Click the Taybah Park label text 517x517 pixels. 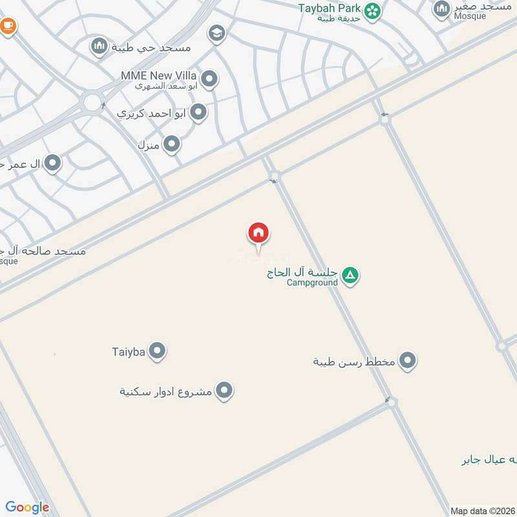tap(330, 8)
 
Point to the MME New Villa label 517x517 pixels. tap(159, 76)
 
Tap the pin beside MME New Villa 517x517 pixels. tap(209, 80)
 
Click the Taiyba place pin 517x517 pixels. tap(157, 352)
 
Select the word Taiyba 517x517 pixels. tap(127, 352)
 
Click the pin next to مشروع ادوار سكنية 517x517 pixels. tap(224, 390)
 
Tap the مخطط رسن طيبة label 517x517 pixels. tap(353, 361)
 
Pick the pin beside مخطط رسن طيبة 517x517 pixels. tap(407, 361)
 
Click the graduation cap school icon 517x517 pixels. tap(217, 34)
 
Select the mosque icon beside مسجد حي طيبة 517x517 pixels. tap(99, 46)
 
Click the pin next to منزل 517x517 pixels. tap(171, 144)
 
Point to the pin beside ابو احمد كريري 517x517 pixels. tap(199, 113)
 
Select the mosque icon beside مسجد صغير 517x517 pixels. tap(442, 8)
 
